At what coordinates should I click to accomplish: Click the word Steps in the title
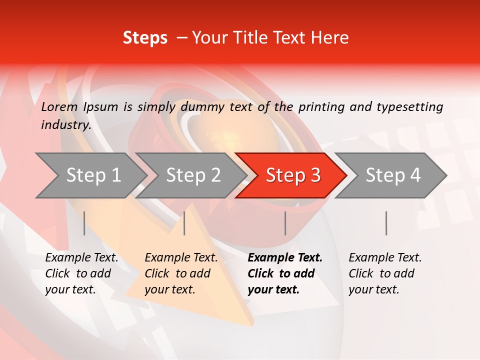pos(145,38)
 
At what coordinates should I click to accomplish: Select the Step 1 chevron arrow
pos(90,175)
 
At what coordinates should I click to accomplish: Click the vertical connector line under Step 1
pos(84,223)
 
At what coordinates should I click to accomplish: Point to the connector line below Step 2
pos(184,223)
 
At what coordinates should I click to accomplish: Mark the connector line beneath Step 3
pos(285,223)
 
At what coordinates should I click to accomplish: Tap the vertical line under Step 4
pos(386,223)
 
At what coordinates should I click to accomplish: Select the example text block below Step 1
pos(81,273)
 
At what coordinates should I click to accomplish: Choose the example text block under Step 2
pos(181,273)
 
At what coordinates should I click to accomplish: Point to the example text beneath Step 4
pos(385,273)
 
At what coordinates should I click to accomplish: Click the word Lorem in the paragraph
pos(59,106)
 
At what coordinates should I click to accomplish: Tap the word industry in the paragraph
pos(65,124)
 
